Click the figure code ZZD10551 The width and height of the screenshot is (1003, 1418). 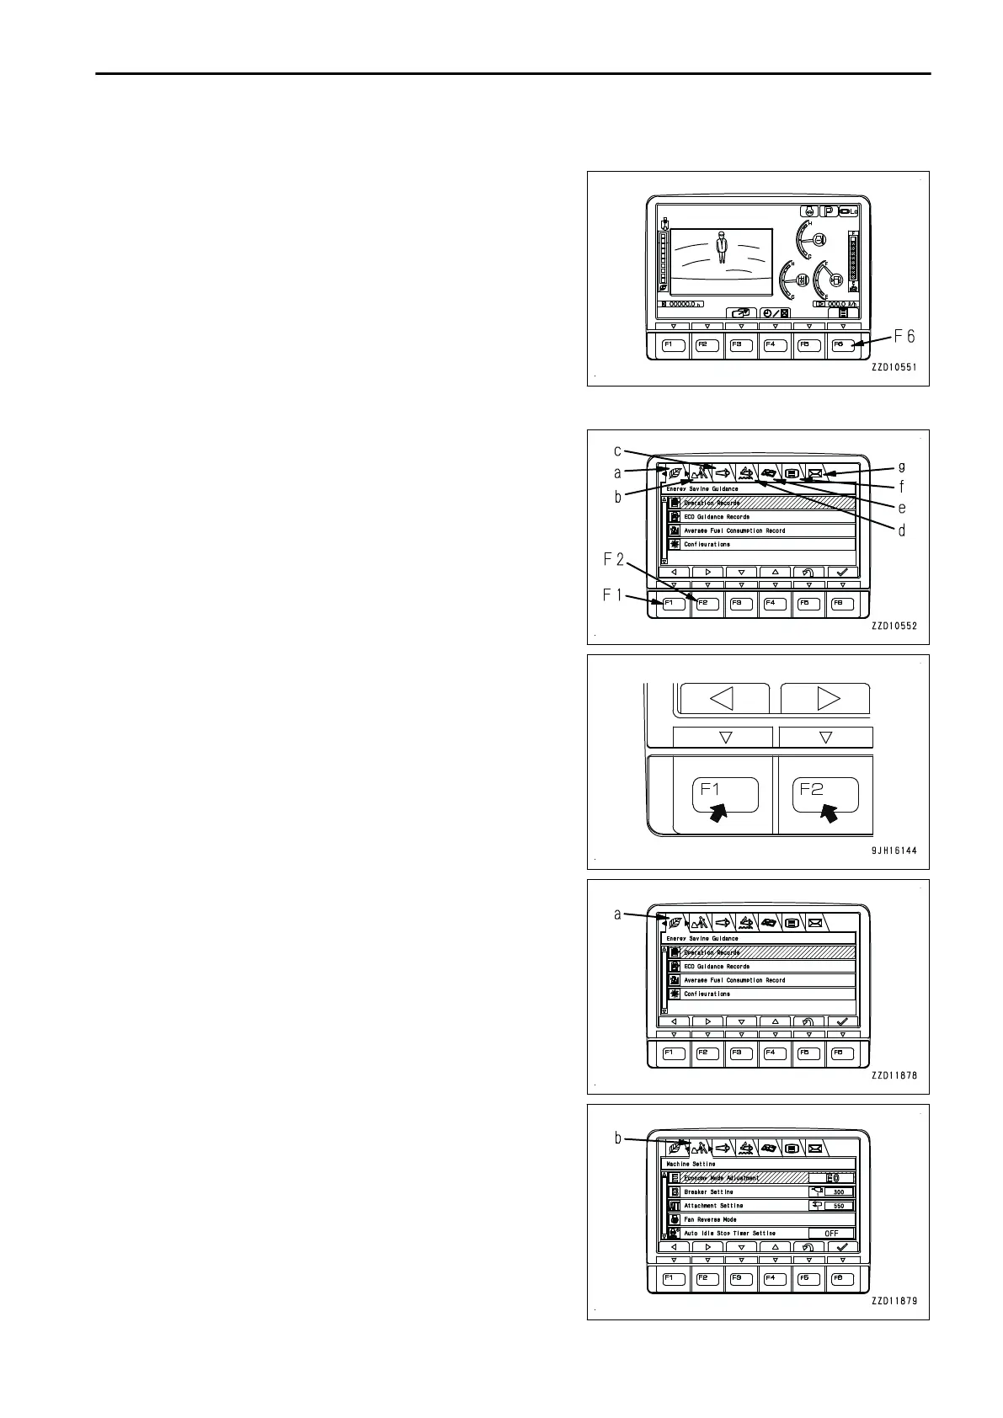(894, 367)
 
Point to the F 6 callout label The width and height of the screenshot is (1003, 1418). (904, 337)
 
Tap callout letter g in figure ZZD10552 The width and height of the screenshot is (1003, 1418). (902, 466)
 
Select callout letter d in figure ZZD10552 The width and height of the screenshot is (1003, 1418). (902, 530)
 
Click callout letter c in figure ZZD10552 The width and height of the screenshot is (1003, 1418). (617, 450)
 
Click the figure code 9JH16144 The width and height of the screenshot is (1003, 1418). (894, 850)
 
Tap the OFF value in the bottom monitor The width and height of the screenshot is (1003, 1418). (830, 1234)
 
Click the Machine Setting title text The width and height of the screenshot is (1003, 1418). (691, 1164)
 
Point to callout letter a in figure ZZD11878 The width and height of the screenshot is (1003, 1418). (617, 914)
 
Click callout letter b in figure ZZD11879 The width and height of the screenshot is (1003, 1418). (617, 1138)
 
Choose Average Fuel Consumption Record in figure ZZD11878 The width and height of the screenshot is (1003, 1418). (734, 980)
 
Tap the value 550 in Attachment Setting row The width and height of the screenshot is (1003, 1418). (838, 1206)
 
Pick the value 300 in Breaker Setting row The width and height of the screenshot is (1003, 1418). (838, 1192)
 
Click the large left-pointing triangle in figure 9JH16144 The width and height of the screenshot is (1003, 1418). (723, 698)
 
